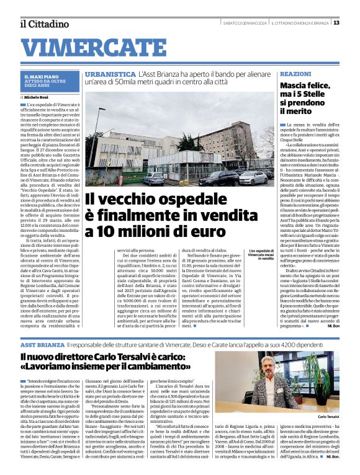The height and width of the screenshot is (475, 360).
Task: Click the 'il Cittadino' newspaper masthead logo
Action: (x=44, y=24)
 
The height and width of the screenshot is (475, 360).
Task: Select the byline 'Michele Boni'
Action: (x=36, y=98)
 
